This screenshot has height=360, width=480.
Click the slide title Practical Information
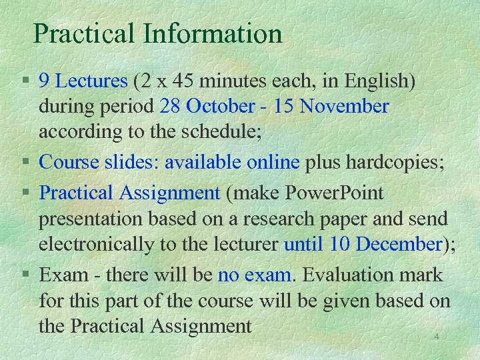pyautogui.click(x=158, y=33)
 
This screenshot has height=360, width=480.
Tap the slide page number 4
pyautogui.click(x=436, y=337)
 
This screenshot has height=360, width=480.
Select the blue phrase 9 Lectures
pyautogui.click(x=83, y=81)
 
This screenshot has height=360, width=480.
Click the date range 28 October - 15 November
pyautogui.click(x=274, y=106)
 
